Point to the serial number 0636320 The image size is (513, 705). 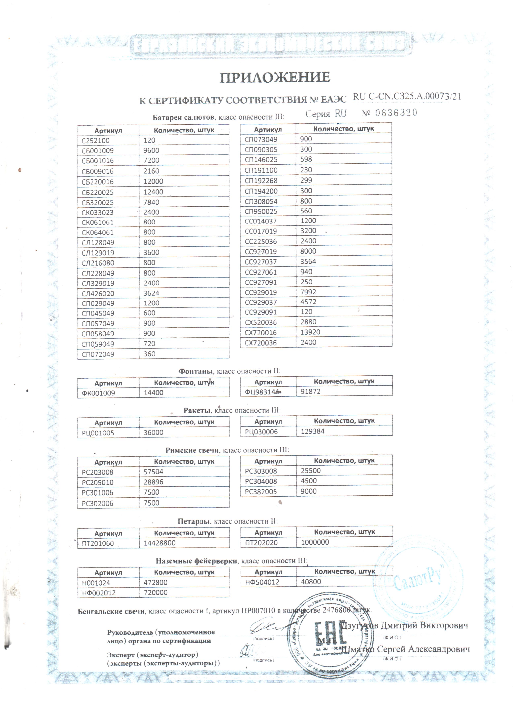click(x=396, y=113)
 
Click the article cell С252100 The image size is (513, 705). click(x=96, y=140)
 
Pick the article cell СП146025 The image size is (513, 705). click(x=261, y=160)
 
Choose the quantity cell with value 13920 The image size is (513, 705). click(x=310, y=332)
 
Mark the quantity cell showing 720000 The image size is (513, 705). click(x=156, y=592)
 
